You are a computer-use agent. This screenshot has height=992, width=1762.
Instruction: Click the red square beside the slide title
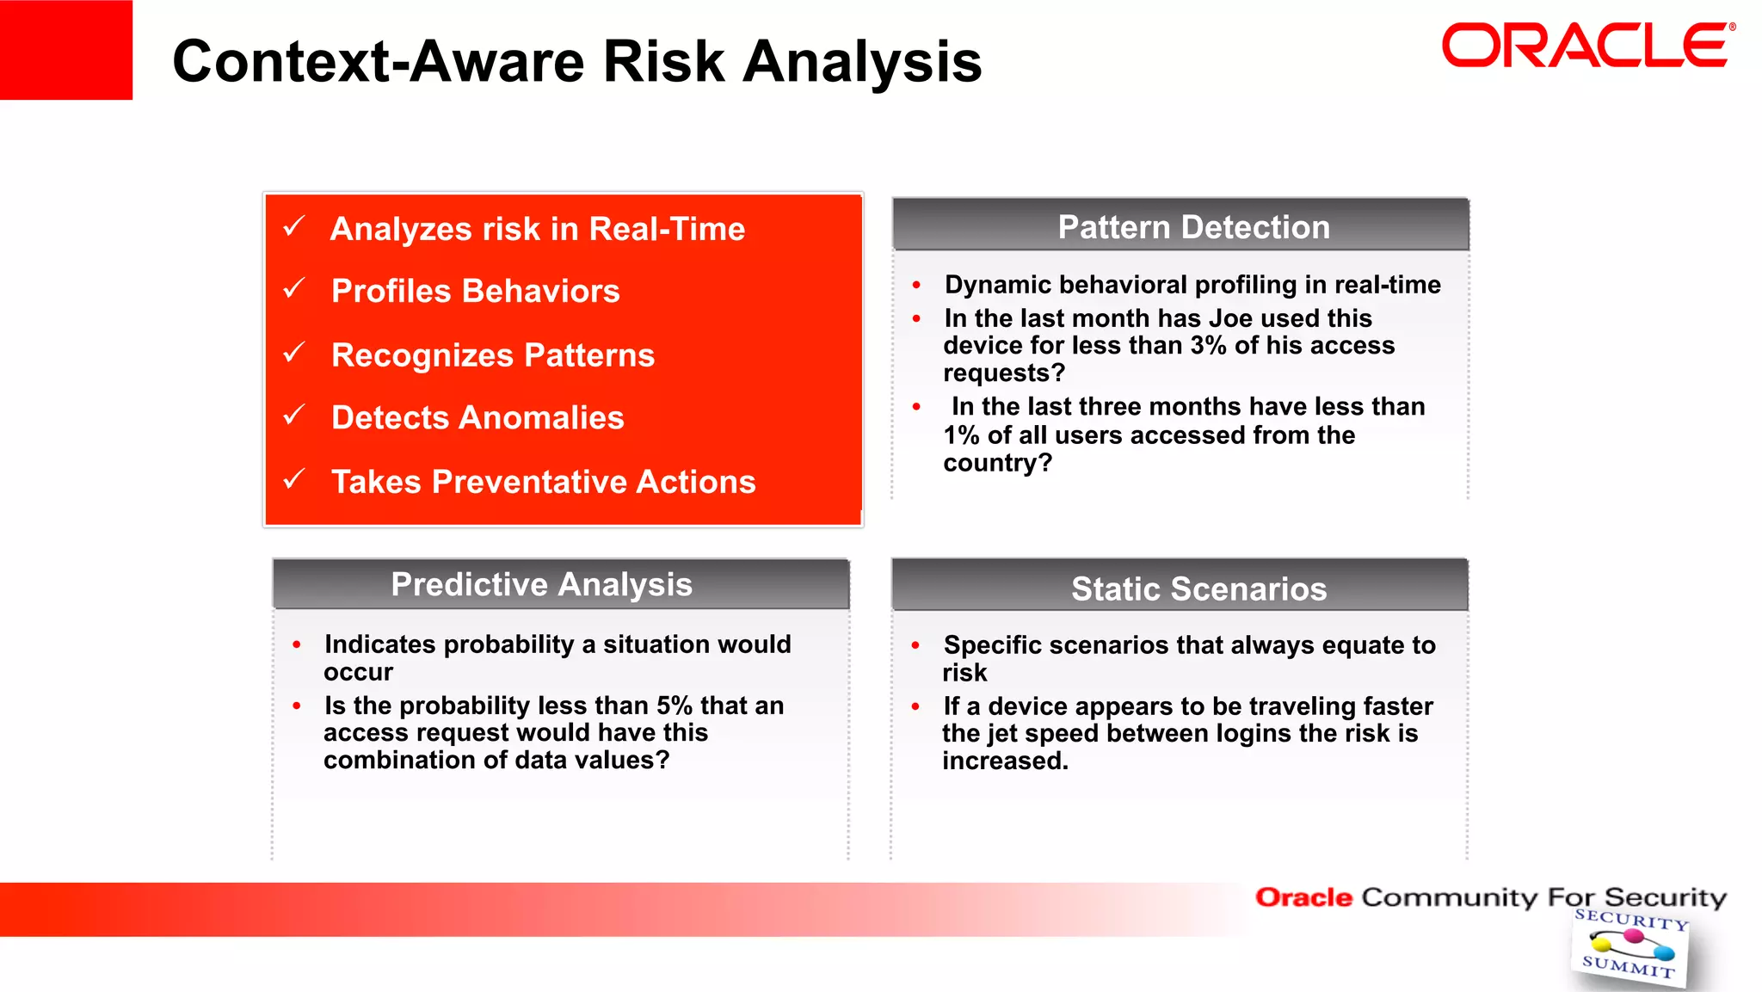pyautogui.click(x=65, y=49)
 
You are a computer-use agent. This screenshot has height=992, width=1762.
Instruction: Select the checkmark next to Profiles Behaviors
pyautogui.click(x=294, y=288)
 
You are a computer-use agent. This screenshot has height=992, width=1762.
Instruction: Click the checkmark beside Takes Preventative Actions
pyautogui.click(x=294, y=478)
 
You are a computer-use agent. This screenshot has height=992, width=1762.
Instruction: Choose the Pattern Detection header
pyautogui.click(x=1193, y=227)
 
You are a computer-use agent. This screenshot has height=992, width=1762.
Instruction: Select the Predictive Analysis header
pyautogui.click(x=541, y=584)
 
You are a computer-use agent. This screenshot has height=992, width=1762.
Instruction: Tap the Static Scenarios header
pyautogui.click(x=1198, y=588)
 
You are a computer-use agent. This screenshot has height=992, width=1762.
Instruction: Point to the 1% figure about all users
pyautogui.click(x=961, y=435)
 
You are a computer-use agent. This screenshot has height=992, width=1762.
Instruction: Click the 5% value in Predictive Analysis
pyautogui.click(x=674, y=705)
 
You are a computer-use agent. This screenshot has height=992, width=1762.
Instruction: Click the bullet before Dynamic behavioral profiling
pyautogui.click(x=916, y=285)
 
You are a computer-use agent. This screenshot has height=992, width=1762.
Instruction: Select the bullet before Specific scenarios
pyautogui.click(x=915, y=645)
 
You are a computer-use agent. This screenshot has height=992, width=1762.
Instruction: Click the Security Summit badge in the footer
pyautogui.click(x=1629, y=946)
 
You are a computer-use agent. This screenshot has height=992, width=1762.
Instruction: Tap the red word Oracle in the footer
pyautogui.click(x=1303, y=897)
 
